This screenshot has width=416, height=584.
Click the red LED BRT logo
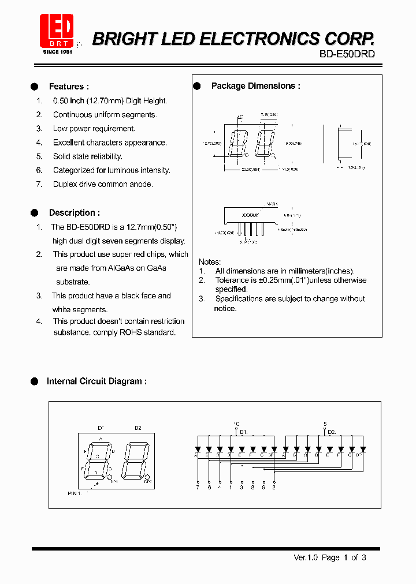tap(57, 32)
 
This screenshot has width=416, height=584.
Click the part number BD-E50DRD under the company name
tap(347, 54)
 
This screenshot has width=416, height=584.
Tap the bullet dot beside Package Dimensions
tap(196, 86)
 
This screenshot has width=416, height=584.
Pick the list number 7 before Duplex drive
tap(39, 185)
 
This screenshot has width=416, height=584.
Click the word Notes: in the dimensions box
tap(210, 262)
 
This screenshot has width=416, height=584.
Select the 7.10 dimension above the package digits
tap(269, 115)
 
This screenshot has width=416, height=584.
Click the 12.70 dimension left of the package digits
tap(212, 143)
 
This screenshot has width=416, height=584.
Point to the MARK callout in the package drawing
tap(272, 204)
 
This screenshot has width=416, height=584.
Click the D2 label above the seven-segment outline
tap(138, 428)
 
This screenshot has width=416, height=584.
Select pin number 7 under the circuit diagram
tap(198, 488)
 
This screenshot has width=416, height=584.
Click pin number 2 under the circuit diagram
tap(274, 488)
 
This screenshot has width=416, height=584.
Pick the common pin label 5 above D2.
tap(325, 424)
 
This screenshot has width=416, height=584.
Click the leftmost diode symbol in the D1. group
tap(198, 448)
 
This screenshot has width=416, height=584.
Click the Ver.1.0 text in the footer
tap(306, 557)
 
